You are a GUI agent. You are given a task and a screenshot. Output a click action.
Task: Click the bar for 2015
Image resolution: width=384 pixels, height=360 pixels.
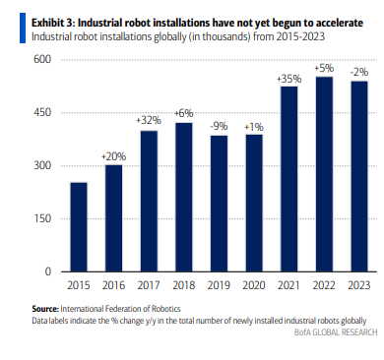coord(79,227)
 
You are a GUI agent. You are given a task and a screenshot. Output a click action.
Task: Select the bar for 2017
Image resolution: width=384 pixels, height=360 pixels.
coord(149,201)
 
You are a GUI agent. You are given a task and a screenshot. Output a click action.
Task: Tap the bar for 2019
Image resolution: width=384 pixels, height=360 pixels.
coord(219,204)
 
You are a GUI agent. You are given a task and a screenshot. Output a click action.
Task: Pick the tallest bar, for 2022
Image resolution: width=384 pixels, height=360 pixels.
coord(324,174)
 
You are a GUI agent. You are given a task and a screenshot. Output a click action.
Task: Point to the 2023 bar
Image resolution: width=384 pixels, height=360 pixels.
coord(359,176)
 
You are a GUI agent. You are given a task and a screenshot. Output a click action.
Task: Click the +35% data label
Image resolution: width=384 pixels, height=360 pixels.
coord(288,79)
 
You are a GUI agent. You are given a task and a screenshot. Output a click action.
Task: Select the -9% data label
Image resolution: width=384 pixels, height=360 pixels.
coord(219,126)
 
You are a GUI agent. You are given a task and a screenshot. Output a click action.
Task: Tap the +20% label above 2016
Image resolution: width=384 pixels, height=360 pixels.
coord(113,156)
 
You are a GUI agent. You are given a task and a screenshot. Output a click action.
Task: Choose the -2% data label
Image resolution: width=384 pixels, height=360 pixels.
coord(359,72)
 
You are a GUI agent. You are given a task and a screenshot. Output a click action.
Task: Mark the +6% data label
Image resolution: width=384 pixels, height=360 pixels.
coord(183,113)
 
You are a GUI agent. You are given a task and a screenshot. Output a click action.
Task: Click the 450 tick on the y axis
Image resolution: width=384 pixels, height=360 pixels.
coord(42,112)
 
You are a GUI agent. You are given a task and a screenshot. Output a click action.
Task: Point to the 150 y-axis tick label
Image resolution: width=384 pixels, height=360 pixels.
coord(43,218)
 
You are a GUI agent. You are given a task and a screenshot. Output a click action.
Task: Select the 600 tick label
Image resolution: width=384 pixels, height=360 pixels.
coord(42,59)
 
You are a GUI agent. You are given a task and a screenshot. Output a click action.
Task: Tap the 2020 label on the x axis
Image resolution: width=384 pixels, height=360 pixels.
coord(254,285)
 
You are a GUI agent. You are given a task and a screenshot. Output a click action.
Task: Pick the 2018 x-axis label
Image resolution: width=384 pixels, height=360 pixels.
coord(184,285)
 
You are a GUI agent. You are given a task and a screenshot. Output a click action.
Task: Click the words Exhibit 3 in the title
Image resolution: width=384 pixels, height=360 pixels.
coord(53,23)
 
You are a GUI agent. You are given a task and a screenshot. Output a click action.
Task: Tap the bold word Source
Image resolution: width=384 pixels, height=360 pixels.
coord(45,309)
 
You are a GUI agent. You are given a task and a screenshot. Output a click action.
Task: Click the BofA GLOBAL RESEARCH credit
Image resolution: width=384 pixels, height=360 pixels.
coord(336,332)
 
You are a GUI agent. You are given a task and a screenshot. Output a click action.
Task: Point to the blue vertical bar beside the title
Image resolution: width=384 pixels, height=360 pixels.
coord(23,28)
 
